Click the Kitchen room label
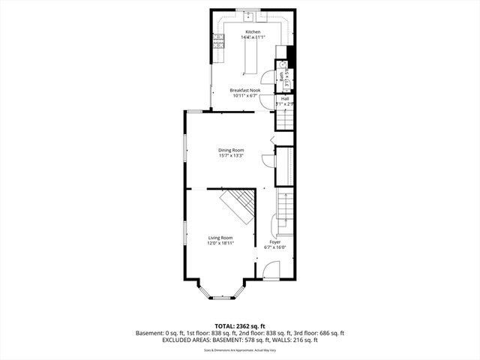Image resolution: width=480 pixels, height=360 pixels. click(x=253, y=32)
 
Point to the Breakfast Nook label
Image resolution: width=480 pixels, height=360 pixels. click(x=244, y=90)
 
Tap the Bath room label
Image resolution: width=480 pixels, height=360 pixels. click(x=282, y=75)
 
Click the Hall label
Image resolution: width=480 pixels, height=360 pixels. click(x=285, y=97)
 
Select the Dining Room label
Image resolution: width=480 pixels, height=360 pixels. click(x=231, y=150)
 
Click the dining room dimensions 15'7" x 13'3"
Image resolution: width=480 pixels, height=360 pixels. click(x=231, y=156)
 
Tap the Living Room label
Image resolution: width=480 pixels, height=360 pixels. click(x=220, y=238)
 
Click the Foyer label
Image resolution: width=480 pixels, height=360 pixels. click(x=274, y=241)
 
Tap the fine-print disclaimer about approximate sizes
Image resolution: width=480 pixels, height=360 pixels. click(x=240, y=349)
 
